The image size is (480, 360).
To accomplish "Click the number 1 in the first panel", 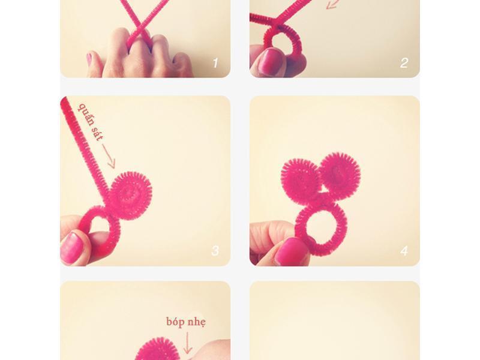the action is click(x=215, y=63).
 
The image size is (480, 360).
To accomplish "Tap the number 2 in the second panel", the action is click(x=404, y=63).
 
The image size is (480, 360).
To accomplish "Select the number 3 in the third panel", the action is click(x=215, y=251).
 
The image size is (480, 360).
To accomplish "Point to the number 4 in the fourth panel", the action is click(x=404, y=251).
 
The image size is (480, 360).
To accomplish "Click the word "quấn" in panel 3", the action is click(x=86, y=115).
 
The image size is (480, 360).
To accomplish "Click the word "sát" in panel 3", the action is click(x=97, y=134).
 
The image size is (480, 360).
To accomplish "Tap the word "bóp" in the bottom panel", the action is click(x=175, y=322).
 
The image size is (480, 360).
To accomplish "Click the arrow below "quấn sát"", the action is click(x=109, y=156).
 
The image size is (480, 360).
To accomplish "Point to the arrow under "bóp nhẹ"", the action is click(x=187, y=343).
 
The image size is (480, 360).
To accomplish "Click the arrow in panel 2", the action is click(x=333, y=4).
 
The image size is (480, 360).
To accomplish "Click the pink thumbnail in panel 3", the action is click(x=72, y=248).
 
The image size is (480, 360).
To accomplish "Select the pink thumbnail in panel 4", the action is click(x=290, y=251).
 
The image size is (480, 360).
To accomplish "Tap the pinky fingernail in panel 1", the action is click(x=89, y=59).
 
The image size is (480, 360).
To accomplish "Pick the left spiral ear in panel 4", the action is click(x=301, y=179).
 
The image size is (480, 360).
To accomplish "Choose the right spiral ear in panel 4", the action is click(x=340, y=172).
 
